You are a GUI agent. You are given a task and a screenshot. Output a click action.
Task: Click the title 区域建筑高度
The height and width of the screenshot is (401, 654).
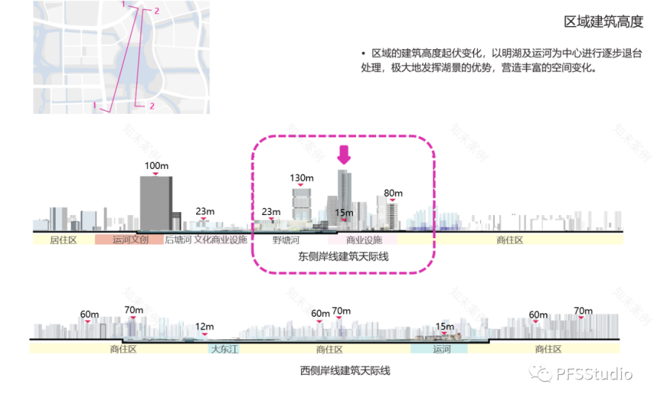603,22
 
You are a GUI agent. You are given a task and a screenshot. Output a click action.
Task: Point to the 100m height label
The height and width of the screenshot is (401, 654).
156,166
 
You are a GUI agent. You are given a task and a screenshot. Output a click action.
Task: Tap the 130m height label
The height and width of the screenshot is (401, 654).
302,178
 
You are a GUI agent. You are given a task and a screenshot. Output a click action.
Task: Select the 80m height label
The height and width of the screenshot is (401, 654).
392,193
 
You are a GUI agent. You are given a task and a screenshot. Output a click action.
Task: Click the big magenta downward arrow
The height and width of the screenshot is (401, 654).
343,155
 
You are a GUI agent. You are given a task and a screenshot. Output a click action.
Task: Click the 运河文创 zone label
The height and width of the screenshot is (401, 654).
130,240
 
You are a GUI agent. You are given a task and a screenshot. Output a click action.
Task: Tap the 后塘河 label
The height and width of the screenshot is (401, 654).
178,240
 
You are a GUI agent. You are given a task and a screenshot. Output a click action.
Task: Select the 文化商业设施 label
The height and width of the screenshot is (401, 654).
220,240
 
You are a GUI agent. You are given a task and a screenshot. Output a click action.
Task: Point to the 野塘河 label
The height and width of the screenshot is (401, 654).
285,240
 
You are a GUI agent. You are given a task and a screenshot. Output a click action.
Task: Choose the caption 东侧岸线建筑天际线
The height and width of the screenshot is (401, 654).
343,257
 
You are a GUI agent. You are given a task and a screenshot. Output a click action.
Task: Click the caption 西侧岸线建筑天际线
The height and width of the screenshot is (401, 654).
345,370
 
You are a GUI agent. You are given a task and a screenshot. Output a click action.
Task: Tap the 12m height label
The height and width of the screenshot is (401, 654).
204,327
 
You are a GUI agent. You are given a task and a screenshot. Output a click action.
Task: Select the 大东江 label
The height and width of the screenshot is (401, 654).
224,348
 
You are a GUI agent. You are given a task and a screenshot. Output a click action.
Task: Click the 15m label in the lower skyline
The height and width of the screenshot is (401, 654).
444,327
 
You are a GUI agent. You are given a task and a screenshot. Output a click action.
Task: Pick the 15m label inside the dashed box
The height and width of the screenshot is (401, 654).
344,213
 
